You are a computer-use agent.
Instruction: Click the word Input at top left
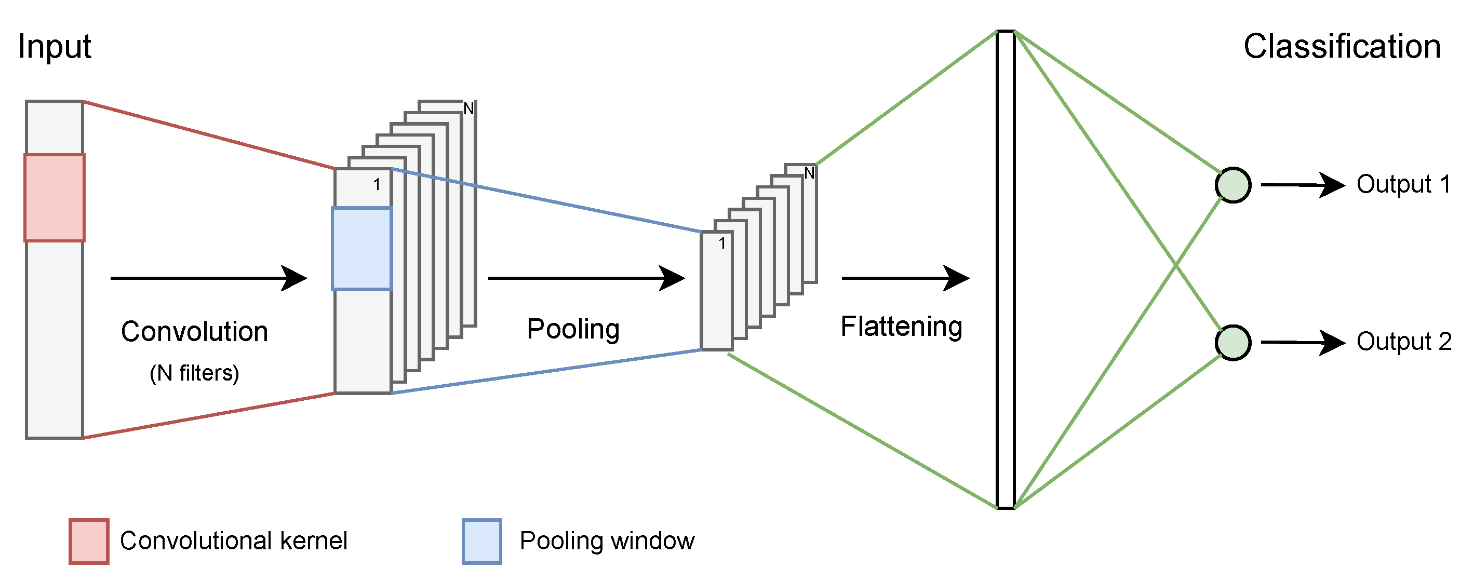(x=55, y=47)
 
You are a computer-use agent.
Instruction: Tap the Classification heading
(x=1342, y=47)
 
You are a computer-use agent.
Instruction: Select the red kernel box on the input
(x=55, y=198)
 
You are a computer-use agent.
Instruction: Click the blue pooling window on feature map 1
(x=361, y=249)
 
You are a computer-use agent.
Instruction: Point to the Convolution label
(x=194, y=332)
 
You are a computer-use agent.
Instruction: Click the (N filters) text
(x=194, y=373)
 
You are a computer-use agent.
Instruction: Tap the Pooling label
(x=573, y=329)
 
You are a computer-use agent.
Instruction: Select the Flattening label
(x=901, y=327)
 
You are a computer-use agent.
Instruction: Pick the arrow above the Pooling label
(x=586, y=278)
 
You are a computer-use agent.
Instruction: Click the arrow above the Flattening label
(x=905, y=278)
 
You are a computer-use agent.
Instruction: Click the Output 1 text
(x=1403, y=184)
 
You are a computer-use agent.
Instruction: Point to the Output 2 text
(x=1403, y=342)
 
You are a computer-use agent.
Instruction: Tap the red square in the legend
(x=89, y=541)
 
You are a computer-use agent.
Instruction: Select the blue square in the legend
(x=482, y=541)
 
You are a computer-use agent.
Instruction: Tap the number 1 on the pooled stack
(x=721, y=243)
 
